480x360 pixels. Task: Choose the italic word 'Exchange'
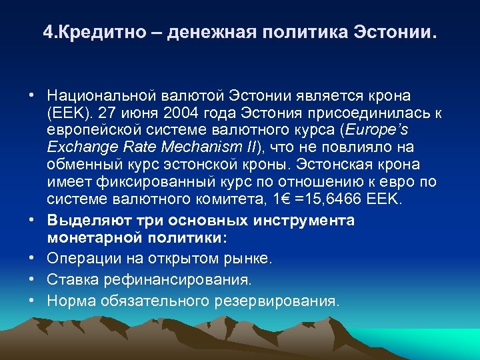(76, 146)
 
